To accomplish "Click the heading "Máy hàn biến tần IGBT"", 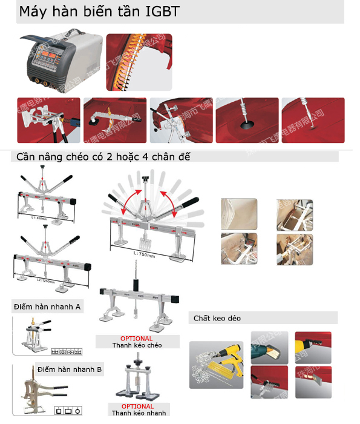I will click(99, 12).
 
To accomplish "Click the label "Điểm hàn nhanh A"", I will click(47, 307).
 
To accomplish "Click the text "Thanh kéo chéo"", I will click(137, 345).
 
